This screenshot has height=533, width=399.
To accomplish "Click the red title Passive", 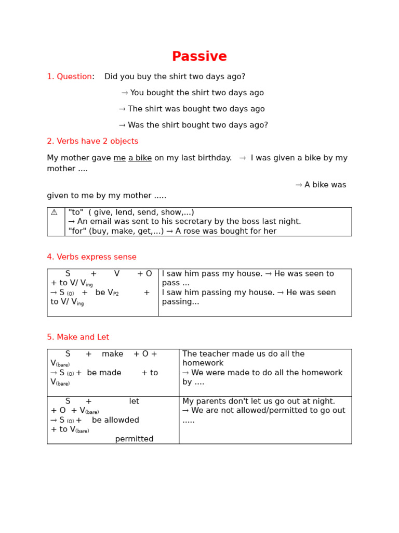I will (x=199, y=57).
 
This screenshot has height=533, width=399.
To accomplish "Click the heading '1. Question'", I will (x=69, y=77).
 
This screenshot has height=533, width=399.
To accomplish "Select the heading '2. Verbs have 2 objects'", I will (x=92, y=141).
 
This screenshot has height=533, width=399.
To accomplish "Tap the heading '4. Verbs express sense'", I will (x=91, y=257).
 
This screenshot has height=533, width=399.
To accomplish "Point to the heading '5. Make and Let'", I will (x=78, y=337).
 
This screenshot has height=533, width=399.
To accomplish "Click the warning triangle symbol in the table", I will (x=54, y=212).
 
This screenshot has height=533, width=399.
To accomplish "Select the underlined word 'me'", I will (x=119, y=158).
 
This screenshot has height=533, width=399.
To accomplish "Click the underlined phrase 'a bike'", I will (x=140, y=158).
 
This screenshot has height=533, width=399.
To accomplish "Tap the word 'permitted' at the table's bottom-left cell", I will (x=134, y=439).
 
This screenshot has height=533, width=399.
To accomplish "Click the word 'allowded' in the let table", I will (x=122, y=420).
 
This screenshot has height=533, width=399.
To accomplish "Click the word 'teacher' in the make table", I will (x=214, y=354).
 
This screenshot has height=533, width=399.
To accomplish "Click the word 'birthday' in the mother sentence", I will (x=214, y=158).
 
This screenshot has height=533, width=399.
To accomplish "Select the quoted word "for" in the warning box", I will (x=75, y=231).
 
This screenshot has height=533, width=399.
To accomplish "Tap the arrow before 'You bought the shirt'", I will (x=125, y=93).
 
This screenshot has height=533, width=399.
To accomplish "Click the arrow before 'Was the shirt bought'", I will (x=122, y=125).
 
